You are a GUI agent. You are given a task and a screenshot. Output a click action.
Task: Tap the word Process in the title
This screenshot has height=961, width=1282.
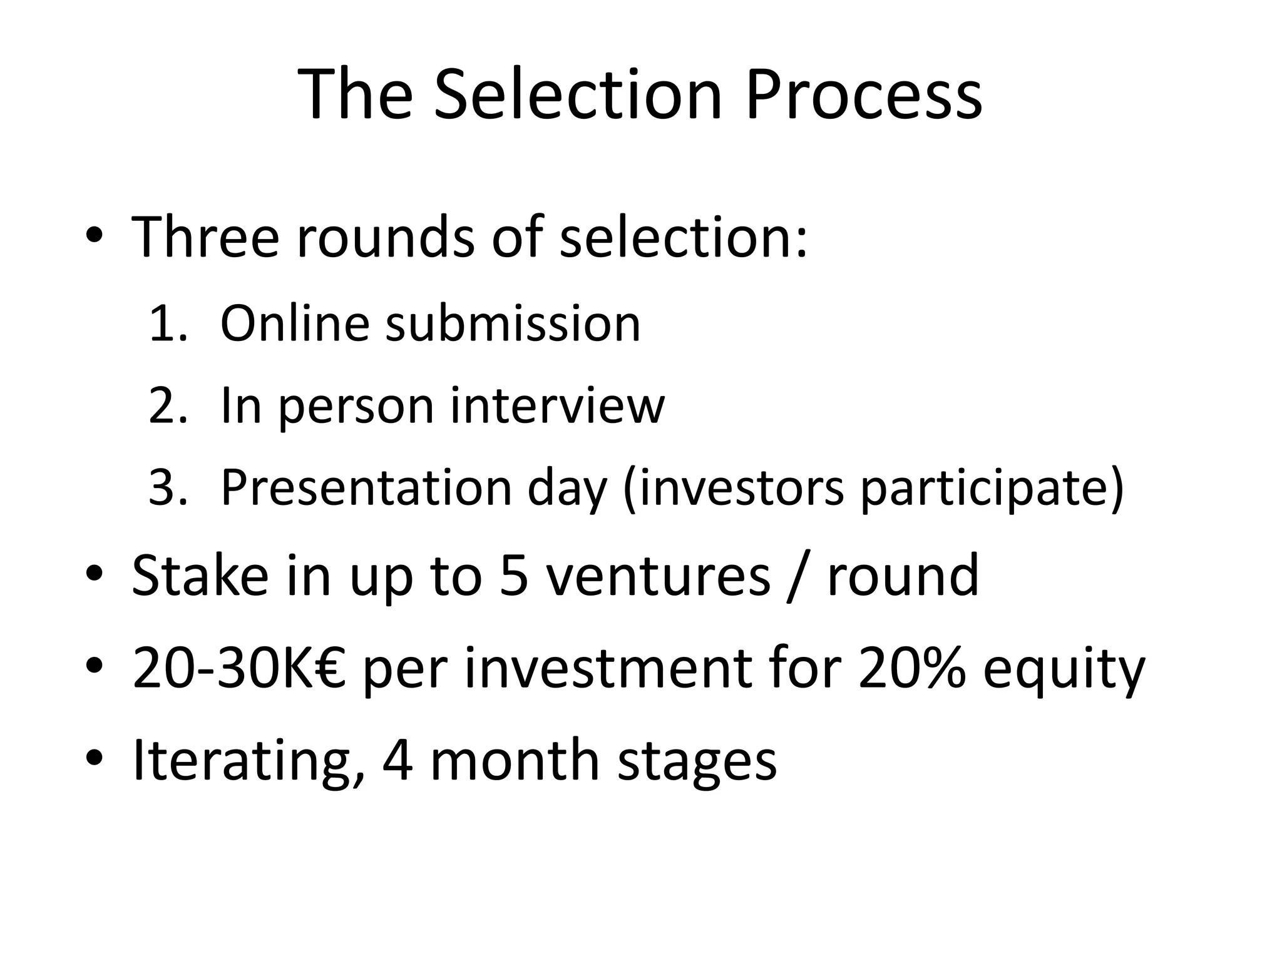click(x=863, y=95)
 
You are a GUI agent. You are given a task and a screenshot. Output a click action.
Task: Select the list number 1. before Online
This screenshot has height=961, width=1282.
click(x=168, y=323)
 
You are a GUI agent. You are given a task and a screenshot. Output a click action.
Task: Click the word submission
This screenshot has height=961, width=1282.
click(x=513, y=323)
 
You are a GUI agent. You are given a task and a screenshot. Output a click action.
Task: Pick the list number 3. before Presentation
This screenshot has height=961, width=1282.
click(x=168, y=487)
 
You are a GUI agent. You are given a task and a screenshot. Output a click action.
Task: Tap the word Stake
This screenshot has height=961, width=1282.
click(x=200, y=576)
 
